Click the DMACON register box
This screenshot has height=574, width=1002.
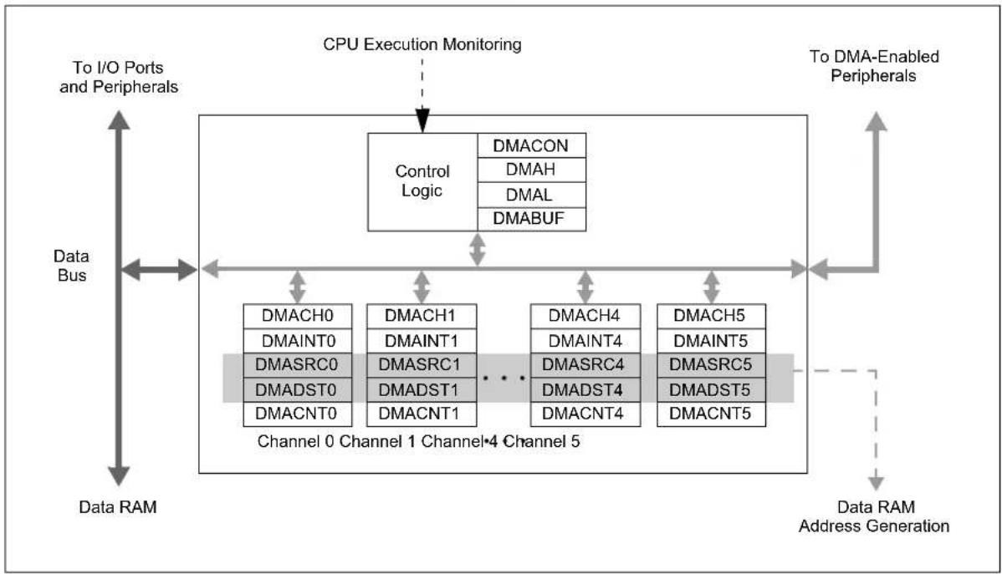[532, 145]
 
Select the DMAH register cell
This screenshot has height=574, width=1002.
[532, 170]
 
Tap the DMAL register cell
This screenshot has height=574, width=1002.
[532, 195]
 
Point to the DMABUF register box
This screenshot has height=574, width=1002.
[532, 219]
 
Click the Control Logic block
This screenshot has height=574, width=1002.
[422, 181]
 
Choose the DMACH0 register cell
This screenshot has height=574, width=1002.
[298, 316]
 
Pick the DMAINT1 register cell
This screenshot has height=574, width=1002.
[422, 341]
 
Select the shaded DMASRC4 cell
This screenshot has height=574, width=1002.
[585, 365]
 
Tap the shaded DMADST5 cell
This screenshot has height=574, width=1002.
[711, 389]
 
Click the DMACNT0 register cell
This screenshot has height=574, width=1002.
[298, 414]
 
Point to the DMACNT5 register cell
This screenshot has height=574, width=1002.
[711, 414]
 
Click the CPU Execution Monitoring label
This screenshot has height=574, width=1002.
[422, 44]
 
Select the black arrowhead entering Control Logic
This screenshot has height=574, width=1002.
[422, 120]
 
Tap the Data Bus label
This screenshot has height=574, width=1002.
[71, 266]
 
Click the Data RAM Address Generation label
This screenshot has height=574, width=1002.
[874, 516]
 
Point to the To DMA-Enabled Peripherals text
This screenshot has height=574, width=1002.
[874, 66]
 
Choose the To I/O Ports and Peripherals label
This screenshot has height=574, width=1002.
[118, 77]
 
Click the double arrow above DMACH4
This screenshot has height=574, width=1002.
[585, 287]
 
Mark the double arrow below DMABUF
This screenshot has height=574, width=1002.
[478, 250]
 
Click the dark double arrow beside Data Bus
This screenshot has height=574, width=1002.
[159, 270]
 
